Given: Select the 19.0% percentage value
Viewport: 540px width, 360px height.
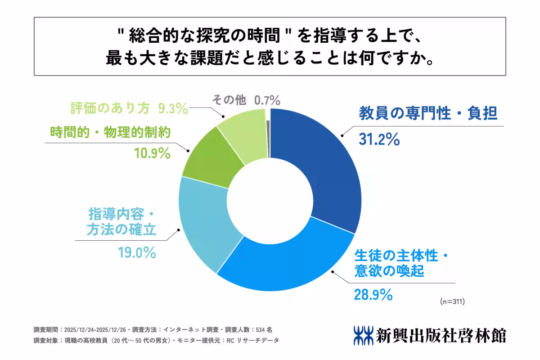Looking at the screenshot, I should coord(137,252).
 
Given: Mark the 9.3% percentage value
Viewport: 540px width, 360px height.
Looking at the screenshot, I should coord(173,108).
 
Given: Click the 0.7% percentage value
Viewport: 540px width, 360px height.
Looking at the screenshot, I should coord(267,100).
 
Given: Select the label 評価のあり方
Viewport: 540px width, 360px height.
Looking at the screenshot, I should coord(112,108).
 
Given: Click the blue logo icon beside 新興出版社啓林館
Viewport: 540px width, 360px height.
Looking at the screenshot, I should coord(363,335).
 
